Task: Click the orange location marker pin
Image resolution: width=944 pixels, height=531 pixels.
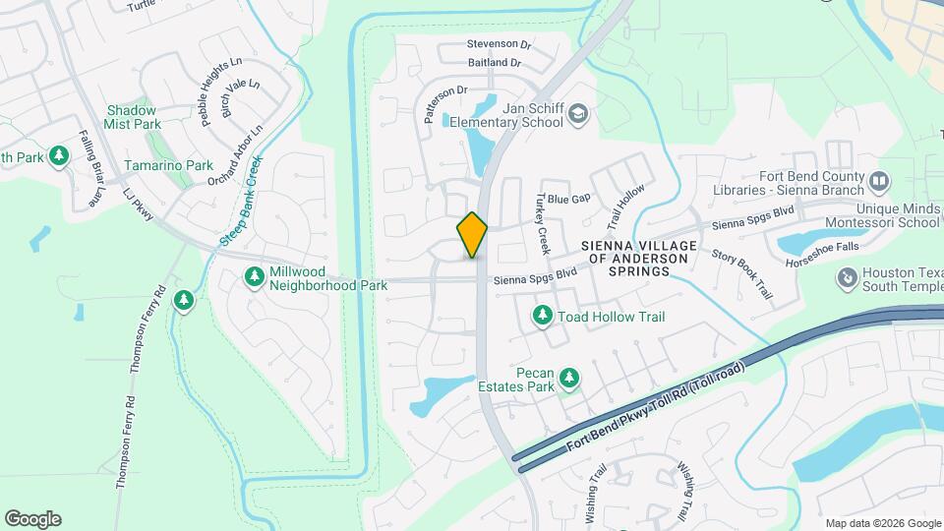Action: click(473, 234)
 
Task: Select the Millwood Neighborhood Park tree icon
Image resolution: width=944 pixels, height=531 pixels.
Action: click(255, 277)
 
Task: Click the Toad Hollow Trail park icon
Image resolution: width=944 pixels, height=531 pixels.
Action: click(542, 316)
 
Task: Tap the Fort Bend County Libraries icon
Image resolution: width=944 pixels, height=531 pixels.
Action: click(878, 182)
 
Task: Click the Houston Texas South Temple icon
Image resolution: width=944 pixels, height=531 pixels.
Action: click(846, 278)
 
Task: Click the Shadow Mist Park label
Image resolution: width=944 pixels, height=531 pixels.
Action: click(133, 118)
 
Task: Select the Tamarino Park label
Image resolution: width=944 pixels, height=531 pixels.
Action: click(168, 165)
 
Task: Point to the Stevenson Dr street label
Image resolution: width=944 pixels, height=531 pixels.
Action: click(499, 44)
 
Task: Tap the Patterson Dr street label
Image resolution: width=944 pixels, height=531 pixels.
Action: click(443, 102)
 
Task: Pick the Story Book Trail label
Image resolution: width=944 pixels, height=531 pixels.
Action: click(741, 274)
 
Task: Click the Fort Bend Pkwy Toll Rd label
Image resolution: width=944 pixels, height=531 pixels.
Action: click(656, 407)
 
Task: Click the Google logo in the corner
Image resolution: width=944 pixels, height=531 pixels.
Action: click(32, 519)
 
